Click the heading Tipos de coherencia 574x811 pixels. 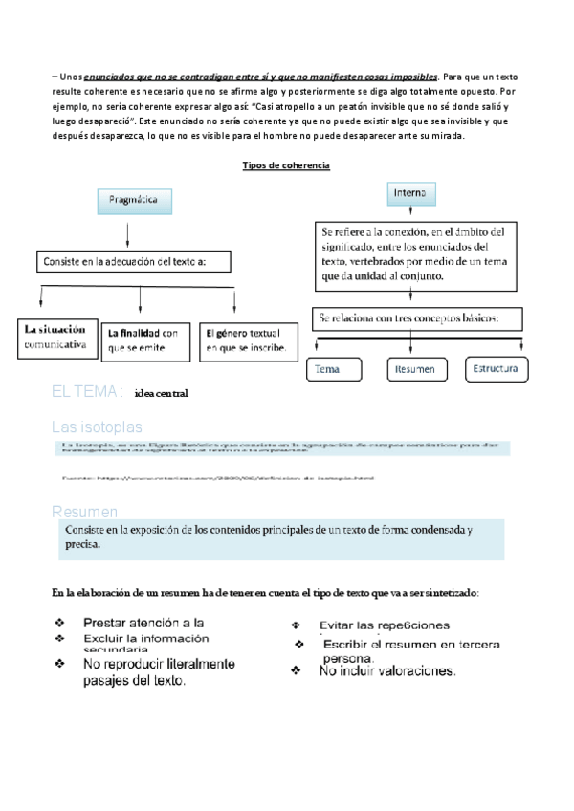pyautogui.click(x=287, y=165)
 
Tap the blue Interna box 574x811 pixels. pyautogui.click(x=410, y=193)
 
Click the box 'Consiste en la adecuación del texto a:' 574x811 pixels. pyautogui.click(x=135, y=260)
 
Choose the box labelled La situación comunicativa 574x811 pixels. pyautogui.click(x=59, y=337)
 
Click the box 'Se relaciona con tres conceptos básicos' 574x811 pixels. pyautogui.click(x=418, y=317)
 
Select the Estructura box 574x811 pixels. pyautogui.click(x=496, y=367)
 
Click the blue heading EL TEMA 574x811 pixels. pyautogui.click(x=87, y=392)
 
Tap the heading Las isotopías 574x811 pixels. pyautogui.click(x=96, y=426)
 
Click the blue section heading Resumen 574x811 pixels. pyautogui.click(x=85, y=513)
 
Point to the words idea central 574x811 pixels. pyautogui.click(x=163, y=393)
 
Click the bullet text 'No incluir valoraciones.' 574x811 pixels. pyautogui.click(x=388, y=671)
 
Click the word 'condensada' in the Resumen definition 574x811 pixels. pyautogui.click(x=427, y=531)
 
